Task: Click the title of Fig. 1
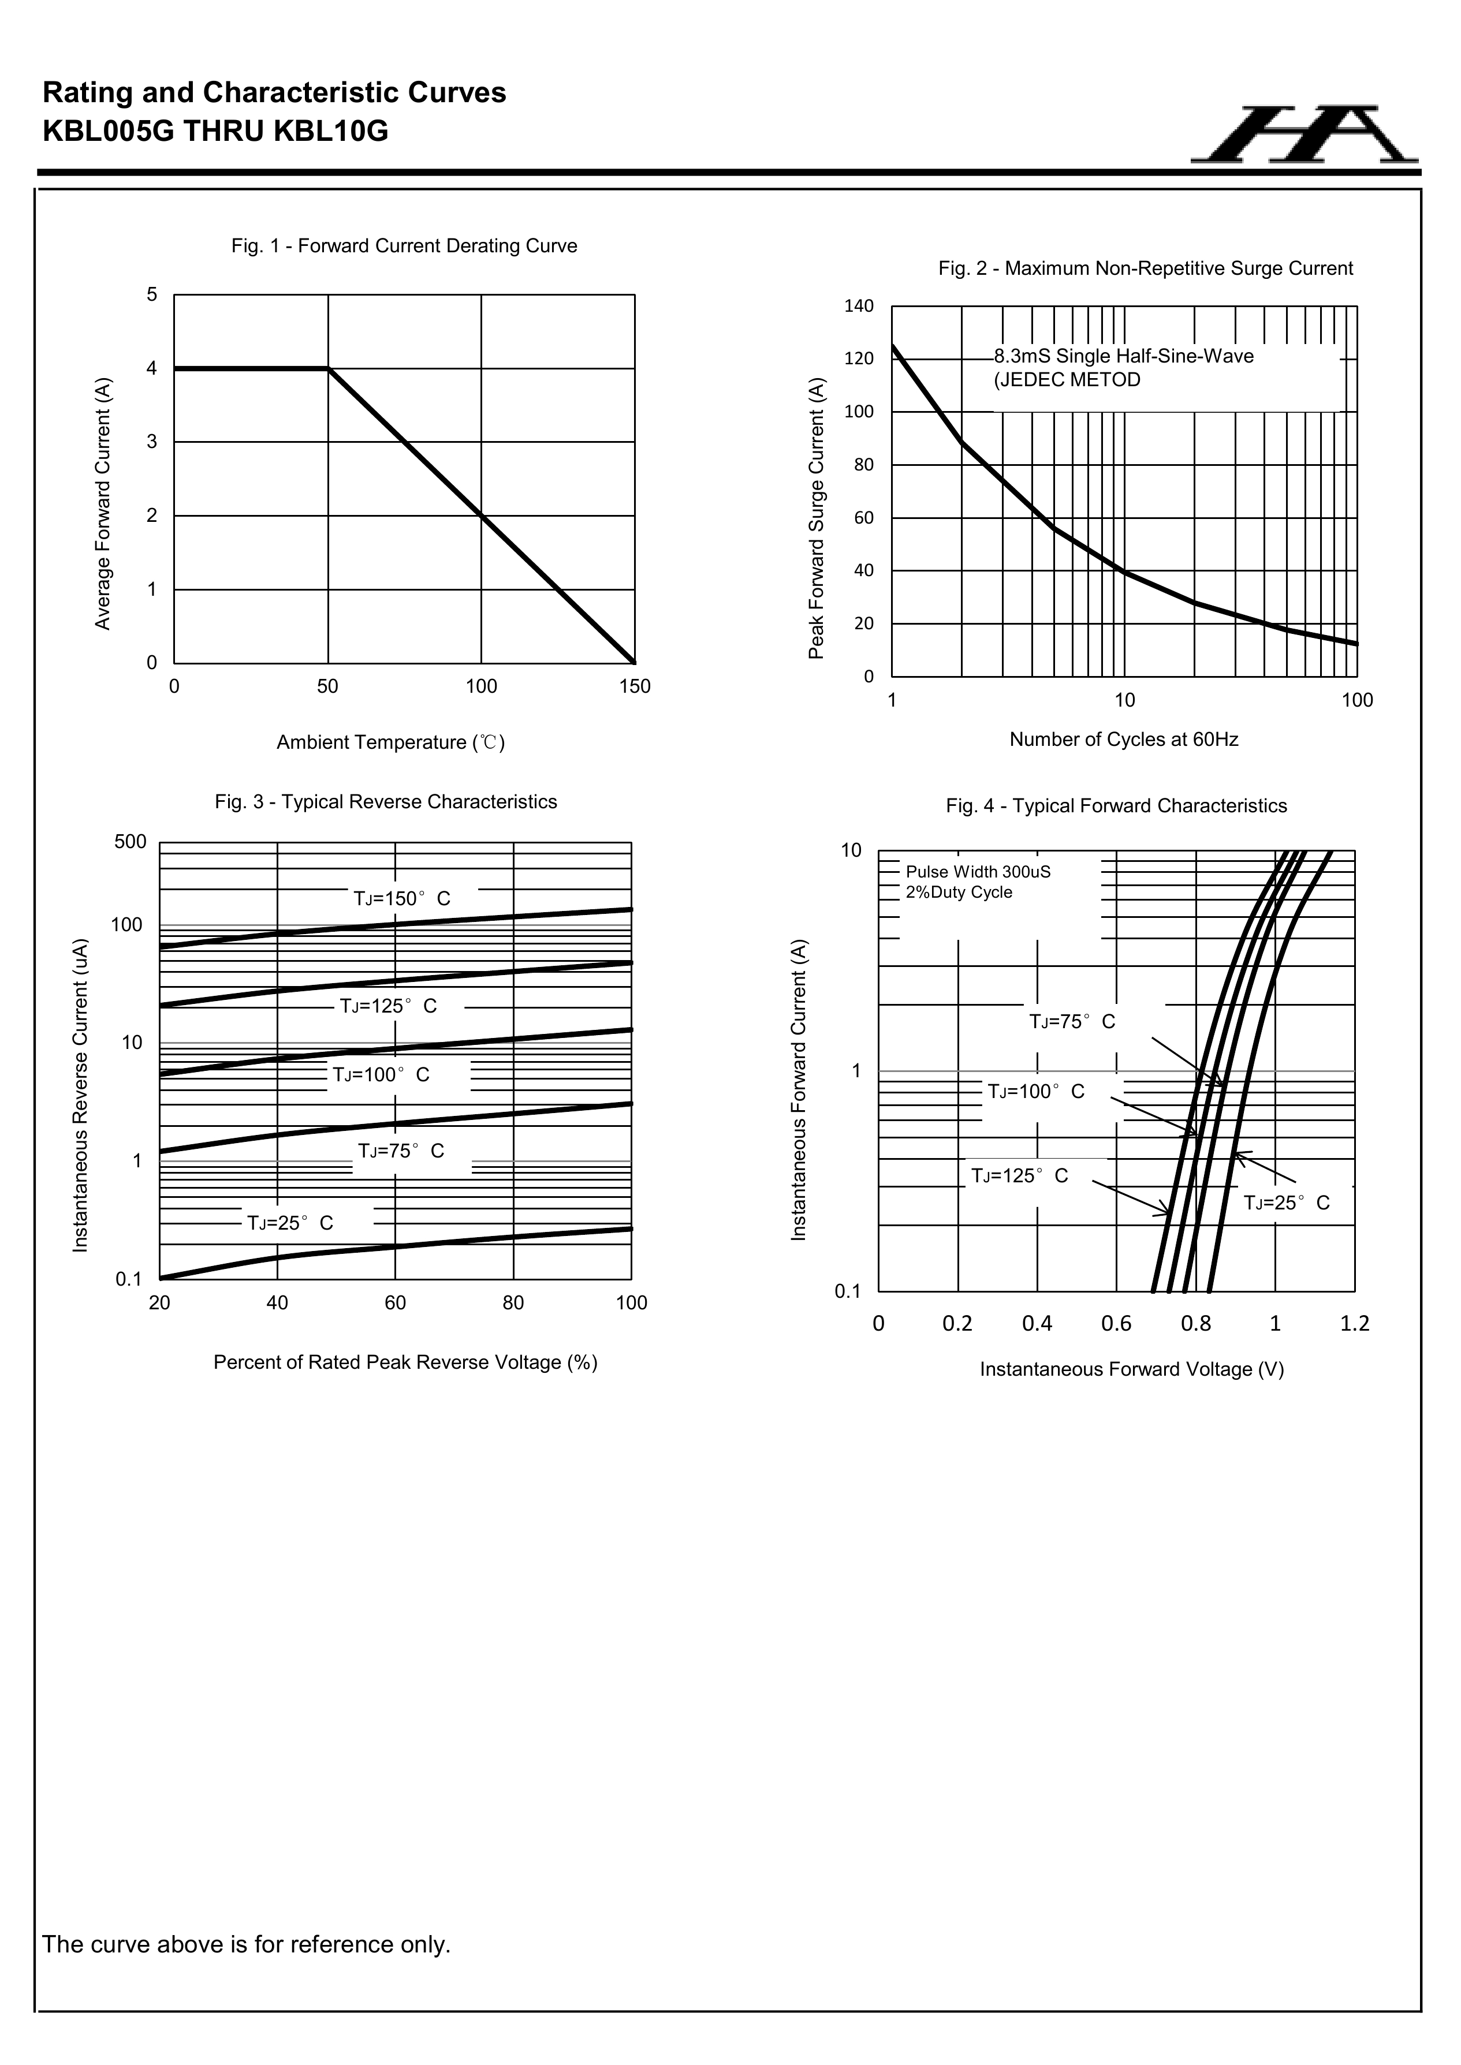404,247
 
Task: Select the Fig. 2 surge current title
1145,269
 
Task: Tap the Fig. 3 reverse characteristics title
386,802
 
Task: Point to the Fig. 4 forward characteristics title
1116,806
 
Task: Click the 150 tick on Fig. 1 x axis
635,687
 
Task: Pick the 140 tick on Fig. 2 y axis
859,307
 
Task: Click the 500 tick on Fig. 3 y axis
131,842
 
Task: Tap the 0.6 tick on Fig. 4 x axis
1116,1324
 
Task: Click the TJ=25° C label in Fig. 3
290,1223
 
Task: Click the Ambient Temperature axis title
390,743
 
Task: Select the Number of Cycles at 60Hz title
1124,740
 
